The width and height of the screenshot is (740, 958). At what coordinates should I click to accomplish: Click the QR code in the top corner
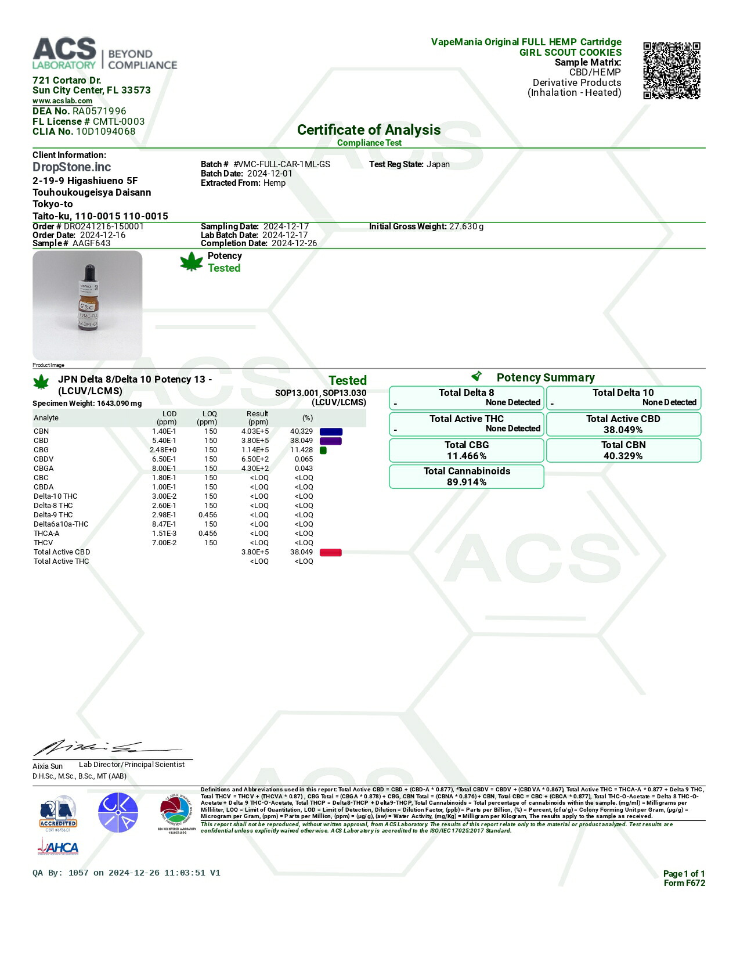pyautogui.click(x=672, y=70)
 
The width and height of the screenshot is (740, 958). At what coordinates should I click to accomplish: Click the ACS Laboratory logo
pyautogui.click(x=104, y=54)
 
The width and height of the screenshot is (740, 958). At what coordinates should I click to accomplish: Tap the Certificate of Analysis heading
pyautogui.click(x=369, y=130)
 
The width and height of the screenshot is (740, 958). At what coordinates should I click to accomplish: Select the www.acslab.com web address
pyautogui.click(x=62, y=101)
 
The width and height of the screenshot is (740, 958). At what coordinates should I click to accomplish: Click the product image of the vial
pyautogui.click(x=88, y=305)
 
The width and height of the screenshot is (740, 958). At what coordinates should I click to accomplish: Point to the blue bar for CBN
pyautogui.click(x=331, y=431)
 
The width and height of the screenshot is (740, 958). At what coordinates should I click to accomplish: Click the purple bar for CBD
pyautogui.click(x=330, y=441)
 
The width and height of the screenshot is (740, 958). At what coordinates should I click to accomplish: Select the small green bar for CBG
pyautogui.click(x=323, y=450)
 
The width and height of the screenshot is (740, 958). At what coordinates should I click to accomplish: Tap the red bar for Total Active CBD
pyautogui.click(x=330, y=552)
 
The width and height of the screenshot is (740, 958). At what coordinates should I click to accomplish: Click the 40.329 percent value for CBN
pyautogui.click(x=301, y=431)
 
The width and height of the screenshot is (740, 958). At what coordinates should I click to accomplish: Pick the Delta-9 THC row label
pyautogui.click(x=53, y=515)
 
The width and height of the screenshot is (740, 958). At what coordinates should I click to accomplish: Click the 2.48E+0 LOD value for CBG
pyautogui.click(x=163, y=450)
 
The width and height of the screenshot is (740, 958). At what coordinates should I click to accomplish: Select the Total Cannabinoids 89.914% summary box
pyautogui.click(x=467, y=477)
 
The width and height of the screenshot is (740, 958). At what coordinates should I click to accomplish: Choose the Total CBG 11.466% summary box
pyautogui.click(x=467, y=451)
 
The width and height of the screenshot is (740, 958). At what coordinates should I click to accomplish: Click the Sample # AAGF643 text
pyautogui.click(x=71, y=243)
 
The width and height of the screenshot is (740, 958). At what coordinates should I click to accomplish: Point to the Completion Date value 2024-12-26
pyautogui.click(x=294, y=243)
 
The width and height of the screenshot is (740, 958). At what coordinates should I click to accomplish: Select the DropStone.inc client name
pyautogui.click(x=71, y=167)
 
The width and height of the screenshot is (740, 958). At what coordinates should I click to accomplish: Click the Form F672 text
pyautogui.click(x=684, y=883)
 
